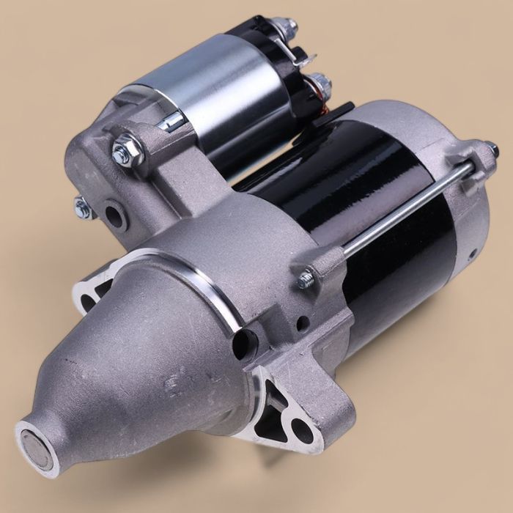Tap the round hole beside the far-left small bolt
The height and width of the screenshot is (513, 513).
click(113, 215)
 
